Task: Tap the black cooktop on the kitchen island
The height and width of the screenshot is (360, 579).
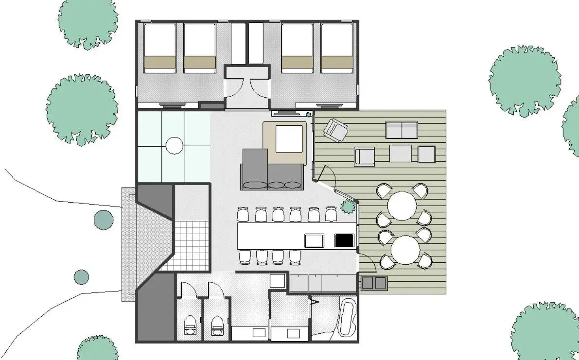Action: [x=345, y=240]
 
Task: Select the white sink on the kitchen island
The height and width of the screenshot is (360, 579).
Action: [x=314, y=240]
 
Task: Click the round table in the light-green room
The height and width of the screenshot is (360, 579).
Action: [x=175, y=145]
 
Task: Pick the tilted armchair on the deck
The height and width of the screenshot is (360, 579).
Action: [x=335, y=130]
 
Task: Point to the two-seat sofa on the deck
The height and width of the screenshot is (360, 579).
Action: [x=402, y=130]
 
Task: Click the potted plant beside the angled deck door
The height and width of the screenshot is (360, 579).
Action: [x=349, y=206]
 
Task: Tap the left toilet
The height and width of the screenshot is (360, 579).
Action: [x=190, y=325]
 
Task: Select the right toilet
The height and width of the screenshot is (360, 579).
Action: [x=217, y=325]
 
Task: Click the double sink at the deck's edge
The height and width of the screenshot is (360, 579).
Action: [x=374, y=282]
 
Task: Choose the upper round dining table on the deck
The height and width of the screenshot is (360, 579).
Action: [x=403, y=206]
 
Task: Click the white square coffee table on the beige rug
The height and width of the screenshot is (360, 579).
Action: [x=289, y=139]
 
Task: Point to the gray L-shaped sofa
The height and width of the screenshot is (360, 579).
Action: [x=270, y=170]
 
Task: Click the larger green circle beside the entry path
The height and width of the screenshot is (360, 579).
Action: [x=104, y=220]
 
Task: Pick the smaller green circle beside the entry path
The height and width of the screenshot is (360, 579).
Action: [x=81, y=277]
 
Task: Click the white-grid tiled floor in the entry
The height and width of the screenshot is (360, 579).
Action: [x=191, y=245]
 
